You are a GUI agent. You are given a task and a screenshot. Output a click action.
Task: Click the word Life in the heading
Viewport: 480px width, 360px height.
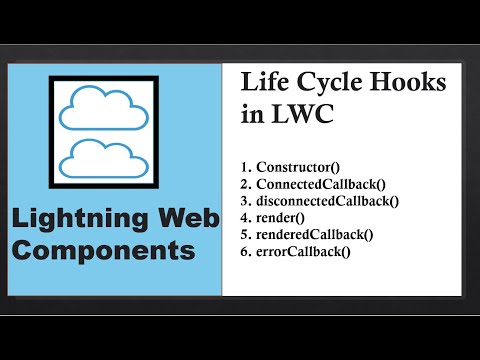(x=262, y=83)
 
